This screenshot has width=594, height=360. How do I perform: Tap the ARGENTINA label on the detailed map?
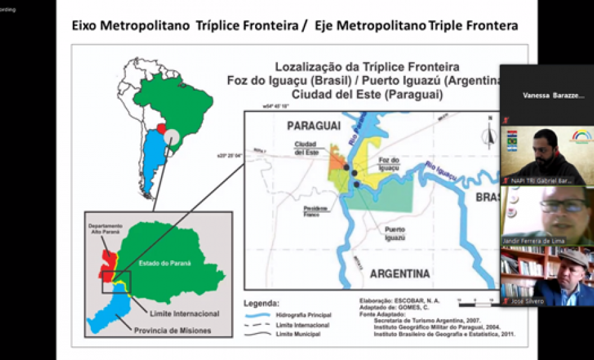399,274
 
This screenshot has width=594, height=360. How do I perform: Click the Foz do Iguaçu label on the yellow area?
388,165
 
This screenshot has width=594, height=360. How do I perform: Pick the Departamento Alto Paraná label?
106,229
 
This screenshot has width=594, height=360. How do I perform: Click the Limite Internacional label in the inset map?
184,313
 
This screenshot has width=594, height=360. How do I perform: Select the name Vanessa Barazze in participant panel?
553,95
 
